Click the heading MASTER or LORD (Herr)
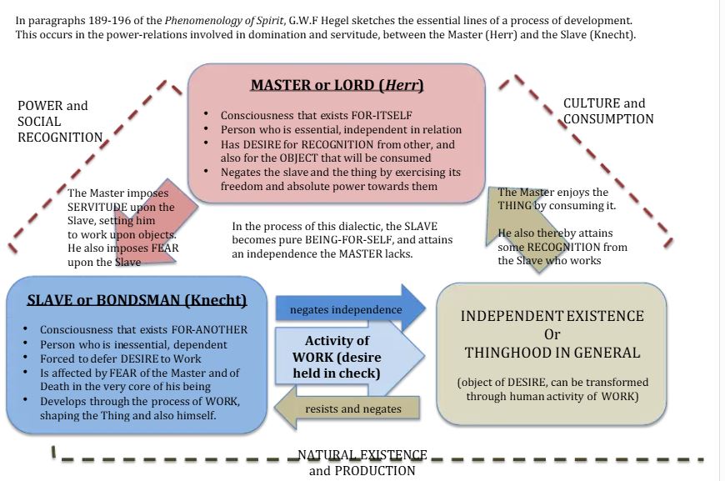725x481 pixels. pyautogui.click(x=337, y=85)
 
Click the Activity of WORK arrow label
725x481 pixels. pyautogui.click(x=342, y=357)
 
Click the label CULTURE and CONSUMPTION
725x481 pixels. pyautogui.click(x=607, y=111)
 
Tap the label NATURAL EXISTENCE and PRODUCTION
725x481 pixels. pyautogui.click(x=362, y=463)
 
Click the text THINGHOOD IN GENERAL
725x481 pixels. pyautogui.click(x=552, y=353)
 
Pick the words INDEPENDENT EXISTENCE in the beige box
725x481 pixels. pyautogui.click(x=552, y=316)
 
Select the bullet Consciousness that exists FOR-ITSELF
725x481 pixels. pyautogui.click(x=317, y=115)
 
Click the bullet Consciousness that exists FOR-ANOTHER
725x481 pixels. pyautogui.click(x=143, y=329)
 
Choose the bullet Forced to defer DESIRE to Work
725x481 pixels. pyautogui.click(x=125, y=359)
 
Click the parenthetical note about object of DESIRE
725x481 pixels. pyautogui.click(x=552, y=389)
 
